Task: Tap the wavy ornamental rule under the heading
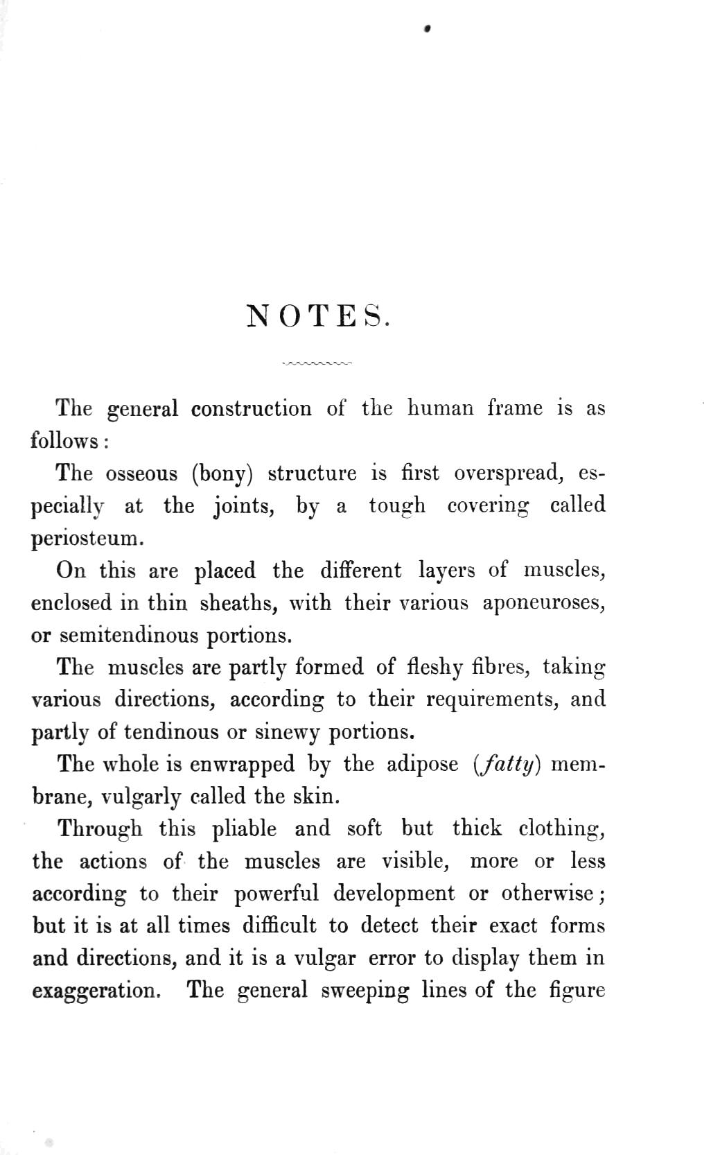(318, 363)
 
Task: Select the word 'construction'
(251, 408)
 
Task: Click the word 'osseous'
(141, 474)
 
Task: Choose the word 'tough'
(396, 506)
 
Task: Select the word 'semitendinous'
(128, 635)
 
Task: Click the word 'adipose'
(422, 764)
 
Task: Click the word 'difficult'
(279, 926)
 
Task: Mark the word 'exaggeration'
(96, 990)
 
